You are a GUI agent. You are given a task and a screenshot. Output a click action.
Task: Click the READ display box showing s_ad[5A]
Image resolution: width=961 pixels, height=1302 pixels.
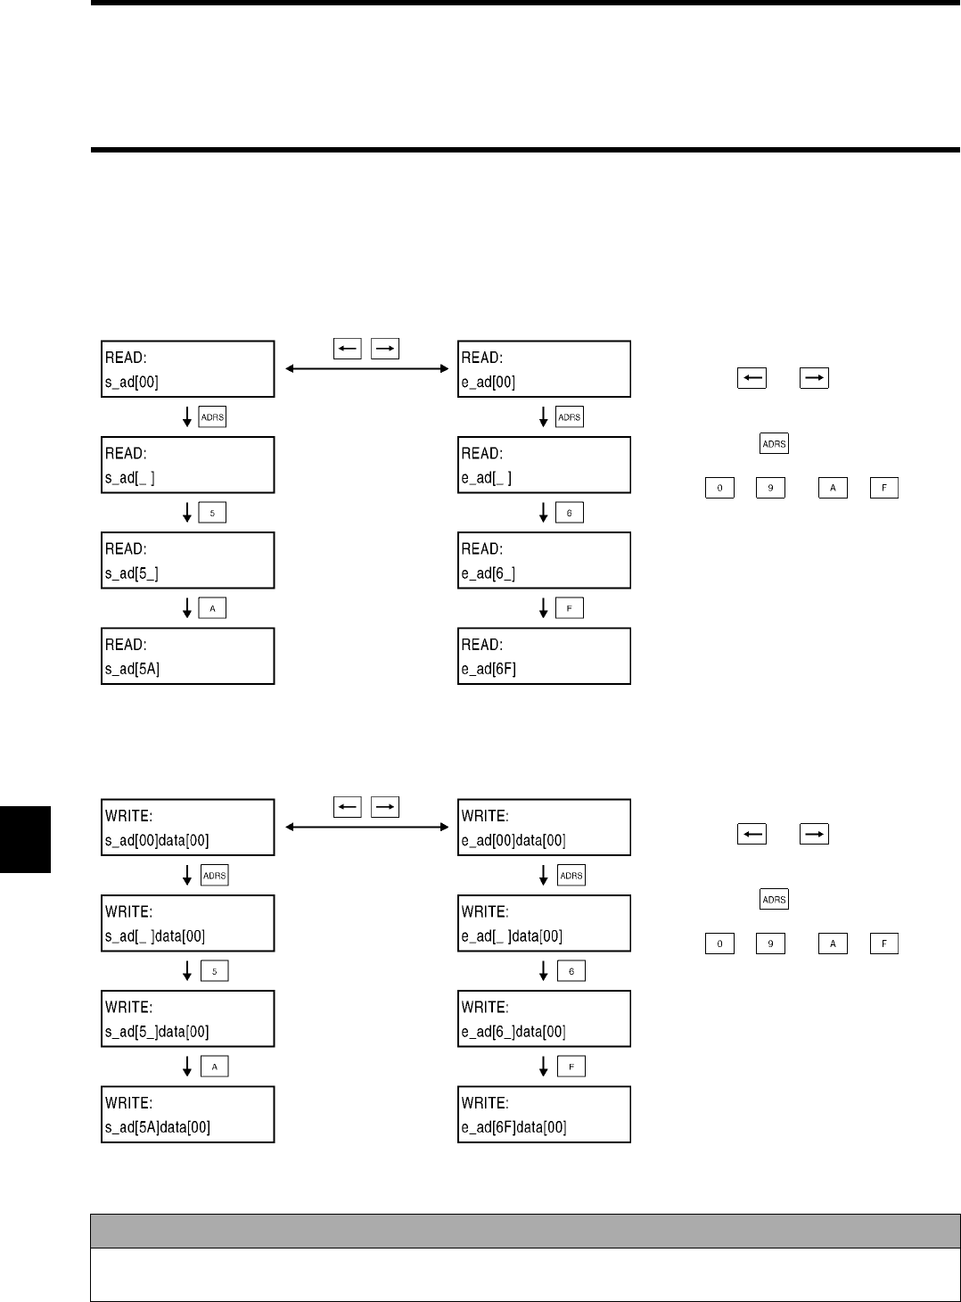coord(187,656)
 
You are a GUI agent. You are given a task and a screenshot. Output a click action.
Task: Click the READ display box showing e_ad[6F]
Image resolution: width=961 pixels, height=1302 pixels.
coord(544,656)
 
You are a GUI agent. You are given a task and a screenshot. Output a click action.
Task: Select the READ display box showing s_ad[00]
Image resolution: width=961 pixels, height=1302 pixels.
coord(187,369)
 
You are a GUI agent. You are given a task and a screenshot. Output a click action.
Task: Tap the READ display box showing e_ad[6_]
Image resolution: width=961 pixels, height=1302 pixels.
coord(544,560)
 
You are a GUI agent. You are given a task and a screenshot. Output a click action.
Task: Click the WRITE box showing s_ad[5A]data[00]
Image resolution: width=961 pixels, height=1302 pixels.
coord(187,1115)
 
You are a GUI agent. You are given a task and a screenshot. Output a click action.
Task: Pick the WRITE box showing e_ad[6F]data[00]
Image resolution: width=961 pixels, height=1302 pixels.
coord(544,1115)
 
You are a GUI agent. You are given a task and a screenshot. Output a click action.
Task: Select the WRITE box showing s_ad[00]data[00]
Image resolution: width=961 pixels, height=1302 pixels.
coord(187,828)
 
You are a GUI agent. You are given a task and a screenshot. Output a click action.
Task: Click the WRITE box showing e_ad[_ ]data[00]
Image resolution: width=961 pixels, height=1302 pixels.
coord(544,923)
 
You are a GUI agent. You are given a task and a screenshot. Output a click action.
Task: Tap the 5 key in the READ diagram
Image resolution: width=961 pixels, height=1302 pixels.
coord(212,513)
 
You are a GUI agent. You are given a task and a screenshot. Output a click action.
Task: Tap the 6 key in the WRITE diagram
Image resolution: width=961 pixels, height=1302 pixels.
coord(571,971)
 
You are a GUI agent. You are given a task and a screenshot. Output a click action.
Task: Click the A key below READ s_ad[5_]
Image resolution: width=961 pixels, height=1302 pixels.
coord(212,608)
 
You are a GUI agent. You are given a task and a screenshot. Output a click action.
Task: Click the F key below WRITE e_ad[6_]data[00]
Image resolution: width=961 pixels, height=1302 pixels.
coord(571,1067)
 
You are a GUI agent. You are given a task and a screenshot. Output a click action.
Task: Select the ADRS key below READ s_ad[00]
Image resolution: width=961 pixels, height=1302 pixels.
coord(212,416)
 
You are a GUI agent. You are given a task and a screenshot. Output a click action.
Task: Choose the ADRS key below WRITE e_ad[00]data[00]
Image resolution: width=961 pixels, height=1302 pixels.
coord(571,876)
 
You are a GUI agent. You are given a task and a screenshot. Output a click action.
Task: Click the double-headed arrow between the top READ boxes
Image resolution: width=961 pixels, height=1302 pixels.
coord(366,368)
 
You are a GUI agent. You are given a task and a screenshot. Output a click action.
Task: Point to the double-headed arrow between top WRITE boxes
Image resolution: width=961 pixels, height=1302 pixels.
coord(366,827)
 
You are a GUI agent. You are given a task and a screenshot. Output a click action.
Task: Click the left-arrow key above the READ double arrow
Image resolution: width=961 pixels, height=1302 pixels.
coord(348,349)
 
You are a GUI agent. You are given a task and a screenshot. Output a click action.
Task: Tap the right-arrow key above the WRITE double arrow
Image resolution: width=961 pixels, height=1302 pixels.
coord(385,807)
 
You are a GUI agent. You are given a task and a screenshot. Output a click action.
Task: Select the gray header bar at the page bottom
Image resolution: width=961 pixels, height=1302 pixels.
coord(525,1231)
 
